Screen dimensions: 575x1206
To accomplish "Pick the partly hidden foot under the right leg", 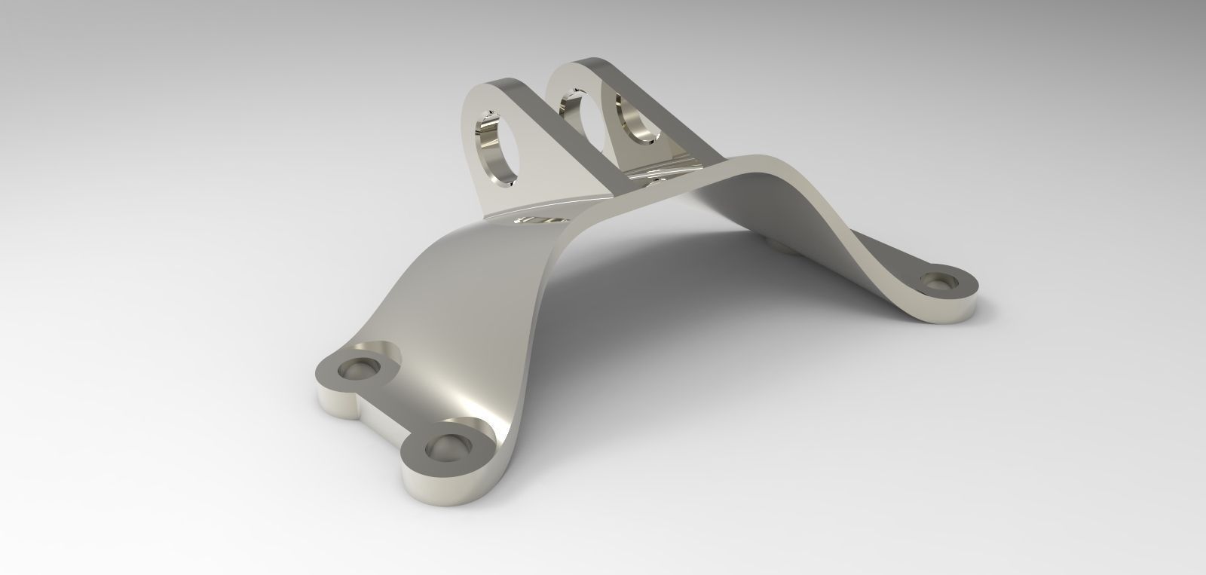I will [x=779, y=246].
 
